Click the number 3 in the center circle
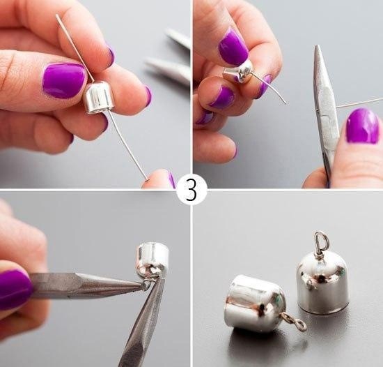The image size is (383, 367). (x=191, y=189)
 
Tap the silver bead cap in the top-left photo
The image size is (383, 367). (x=99, y=98)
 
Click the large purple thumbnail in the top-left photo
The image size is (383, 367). (x=64, y=80)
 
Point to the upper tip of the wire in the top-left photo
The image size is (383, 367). (x=56, y=15)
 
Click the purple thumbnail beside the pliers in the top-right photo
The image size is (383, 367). (x=363, y=126)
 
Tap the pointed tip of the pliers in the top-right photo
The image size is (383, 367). (x=317, y=46)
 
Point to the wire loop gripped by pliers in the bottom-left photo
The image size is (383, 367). (x=146, y=284)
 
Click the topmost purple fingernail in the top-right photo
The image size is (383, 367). (x=233, y=47)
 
